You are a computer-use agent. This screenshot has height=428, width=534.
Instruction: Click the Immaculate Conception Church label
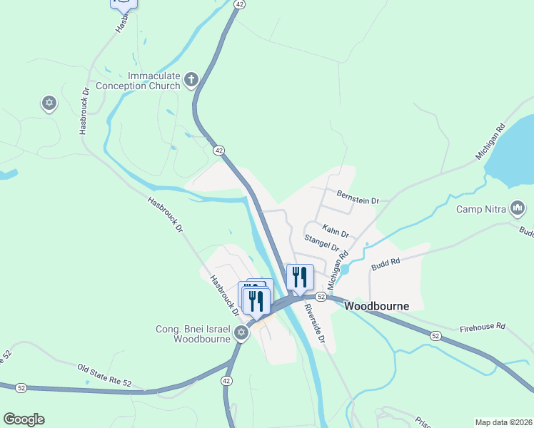pyautogui.click(x=153, y=81)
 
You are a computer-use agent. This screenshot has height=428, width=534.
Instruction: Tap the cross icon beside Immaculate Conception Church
pyautogui.click(x=191, y=80)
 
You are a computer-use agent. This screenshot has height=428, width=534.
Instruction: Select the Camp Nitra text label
pyautogui.click(x=481, y=210)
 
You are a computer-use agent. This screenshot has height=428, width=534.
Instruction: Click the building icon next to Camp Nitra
pyautogui.click(x=518, y=209)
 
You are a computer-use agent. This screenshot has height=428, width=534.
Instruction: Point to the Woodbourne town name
pyautogui.click(x=376, y=306)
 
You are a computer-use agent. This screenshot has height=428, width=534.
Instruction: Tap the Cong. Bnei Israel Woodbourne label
pyautogui.click(x=193, y=334)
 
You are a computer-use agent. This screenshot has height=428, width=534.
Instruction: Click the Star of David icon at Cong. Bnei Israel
pyautogui.click(x=242, y=333)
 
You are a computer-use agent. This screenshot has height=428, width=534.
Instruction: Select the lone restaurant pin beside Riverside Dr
pyautogui.click(x=300, y=277)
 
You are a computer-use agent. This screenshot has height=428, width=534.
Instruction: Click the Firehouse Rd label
pyautogui.click(x=482, y=326)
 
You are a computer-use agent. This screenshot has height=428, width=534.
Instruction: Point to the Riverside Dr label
pyautogui.click(x=314, y=324)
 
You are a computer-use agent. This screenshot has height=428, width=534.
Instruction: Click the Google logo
pyautogui.click(x=24, y=419)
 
